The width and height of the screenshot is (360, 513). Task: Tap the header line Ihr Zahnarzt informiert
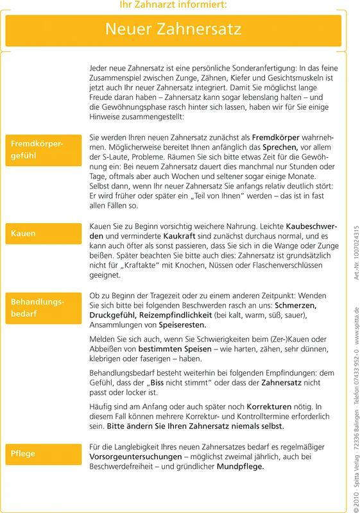coord(173,5)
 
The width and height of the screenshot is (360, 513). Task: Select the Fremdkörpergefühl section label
coord(37,149)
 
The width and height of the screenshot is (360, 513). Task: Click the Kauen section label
coord(23,233)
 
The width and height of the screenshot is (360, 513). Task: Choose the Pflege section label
coord(23,453)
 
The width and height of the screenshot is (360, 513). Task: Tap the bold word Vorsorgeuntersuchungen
coord(135,457)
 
